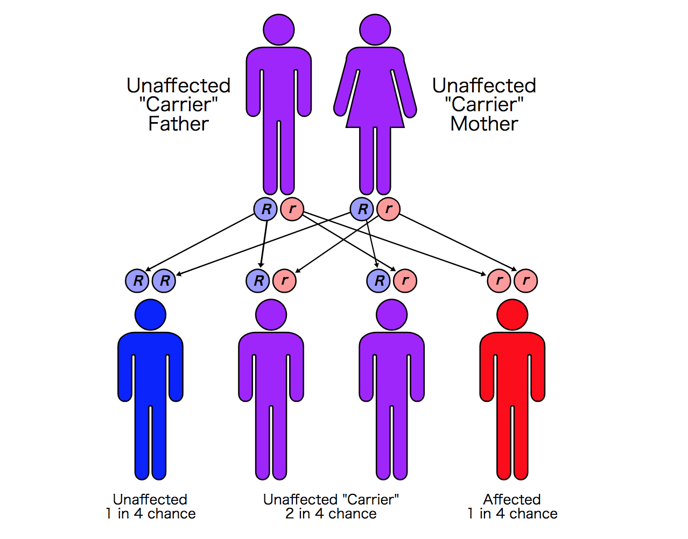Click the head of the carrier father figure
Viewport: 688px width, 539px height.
[x=279, y=30]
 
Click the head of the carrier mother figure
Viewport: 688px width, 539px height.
[x=375, y=30]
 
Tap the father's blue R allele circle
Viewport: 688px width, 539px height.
[x=265, y=209]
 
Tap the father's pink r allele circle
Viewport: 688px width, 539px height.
[x=292, y=209]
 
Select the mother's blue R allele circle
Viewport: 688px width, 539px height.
[x=362, y=209]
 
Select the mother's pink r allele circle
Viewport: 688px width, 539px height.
[x=388, y=209]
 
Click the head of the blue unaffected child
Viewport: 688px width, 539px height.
[x=150, y=315]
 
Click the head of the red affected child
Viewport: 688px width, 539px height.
[x=513, y=315]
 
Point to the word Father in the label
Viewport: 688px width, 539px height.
[x=179, y=124]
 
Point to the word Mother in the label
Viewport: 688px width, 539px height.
[x=484, y=124]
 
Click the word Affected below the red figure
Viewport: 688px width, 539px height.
[x=512, y=499]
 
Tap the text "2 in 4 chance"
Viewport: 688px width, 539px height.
[x=331, y=514]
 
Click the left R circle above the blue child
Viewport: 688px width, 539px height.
[x=137, y=281]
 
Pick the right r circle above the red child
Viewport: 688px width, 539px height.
[x=525, y=281]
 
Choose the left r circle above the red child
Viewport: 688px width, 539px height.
[x=499, y=281]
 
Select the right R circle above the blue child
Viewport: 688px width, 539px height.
[x=164, y=281]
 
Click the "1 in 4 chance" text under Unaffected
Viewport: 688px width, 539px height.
[x=151, y=514]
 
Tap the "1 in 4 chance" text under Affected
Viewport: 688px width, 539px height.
[x=513, y=514]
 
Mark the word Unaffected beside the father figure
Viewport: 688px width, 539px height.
[x=179, y=86]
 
